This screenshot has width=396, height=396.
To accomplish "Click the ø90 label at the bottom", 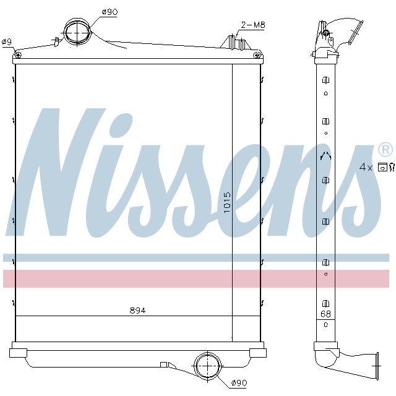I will pos(239,384).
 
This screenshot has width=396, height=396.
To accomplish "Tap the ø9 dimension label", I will pos(7,41).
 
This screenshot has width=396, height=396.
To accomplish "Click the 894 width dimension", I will pos(137,310).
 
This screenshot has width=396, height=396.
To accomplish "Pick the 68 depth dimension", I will pos(325,314).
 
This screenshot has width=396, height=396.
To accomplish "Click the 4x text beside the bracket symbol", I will pos(366,166).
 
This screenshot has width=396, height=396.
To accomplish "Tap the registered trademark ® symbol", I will pos(384,149).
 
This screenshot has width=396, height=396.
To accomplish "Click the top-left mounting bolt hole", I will pos(18,56).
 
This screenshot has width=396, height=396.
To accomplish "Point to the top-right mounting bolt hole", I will pos(257,55).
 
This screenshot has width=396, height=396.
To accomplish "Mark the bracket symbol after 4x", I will pos(385,166).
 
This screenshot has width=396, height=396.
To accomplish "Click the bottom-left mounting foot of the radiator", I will pos(19,353).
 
